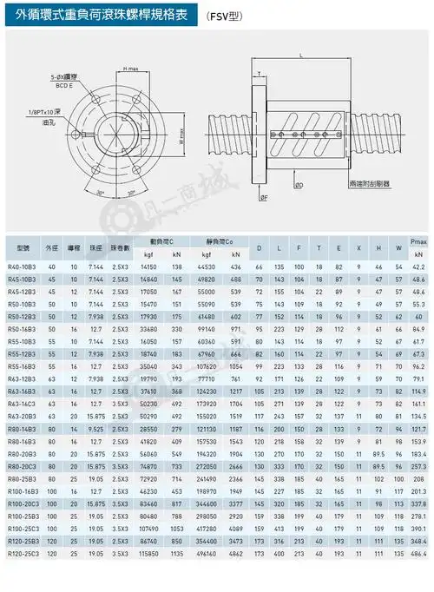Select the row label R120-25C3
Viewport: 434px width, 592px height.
pyautogui.click(x=23, y=577)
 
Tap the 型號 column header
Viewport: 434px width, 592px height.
pyautogui.click(x=20, y=247)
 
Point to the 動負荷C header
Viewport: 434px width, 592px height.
pyautogui.click(x=161, y=240)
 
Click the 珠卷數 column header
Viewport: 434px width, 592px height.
pyautogui.click(x=122, y=247)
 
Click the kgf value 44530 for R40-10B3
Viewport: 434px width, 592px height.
pyautogui.click(x=208, y=266)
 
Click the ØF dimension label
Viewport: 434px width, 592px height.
pyautogui.click(x=264, y=198)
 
